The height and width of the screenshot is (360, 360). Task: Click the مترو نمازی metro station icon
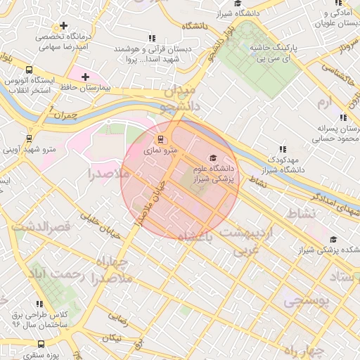(x=160, y=139)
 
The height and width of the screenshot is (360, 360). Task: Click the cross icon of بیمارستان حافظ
(x=86, y=76)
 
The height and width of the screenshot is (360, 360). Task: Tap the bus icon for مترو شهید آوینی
(x=29, y=139)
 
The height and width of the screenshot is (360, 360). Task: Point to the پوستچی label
(x=306, y=301)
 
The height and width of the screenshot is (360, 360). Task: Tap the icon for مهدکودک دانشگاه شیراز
(x=283, y=149)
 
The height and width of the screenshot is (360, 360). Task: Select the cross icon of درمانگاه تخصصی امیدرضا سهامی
(x=64, y=25)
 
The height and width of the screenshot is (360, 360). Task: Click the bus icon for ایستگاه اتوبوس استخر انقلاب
(x=29, y=70)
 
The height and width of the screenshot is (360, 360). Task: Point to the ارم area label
(x=323, y=103)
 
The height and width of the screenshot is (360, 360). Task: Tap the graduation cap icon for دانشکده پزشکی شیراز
(x=333, y=239)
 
